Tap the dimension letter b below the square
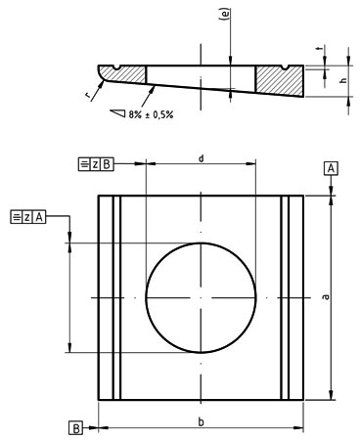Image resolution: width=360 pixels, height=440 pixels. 201,420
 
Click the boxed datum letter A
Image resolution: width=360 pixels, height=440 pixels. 333,169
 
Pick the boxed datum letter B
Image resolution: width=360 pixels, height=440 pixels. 74,427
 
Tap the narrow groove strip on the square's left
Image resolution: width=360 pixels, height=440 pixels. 116,297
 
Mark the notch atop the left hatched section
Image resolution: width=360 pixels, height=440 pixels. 117,68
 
